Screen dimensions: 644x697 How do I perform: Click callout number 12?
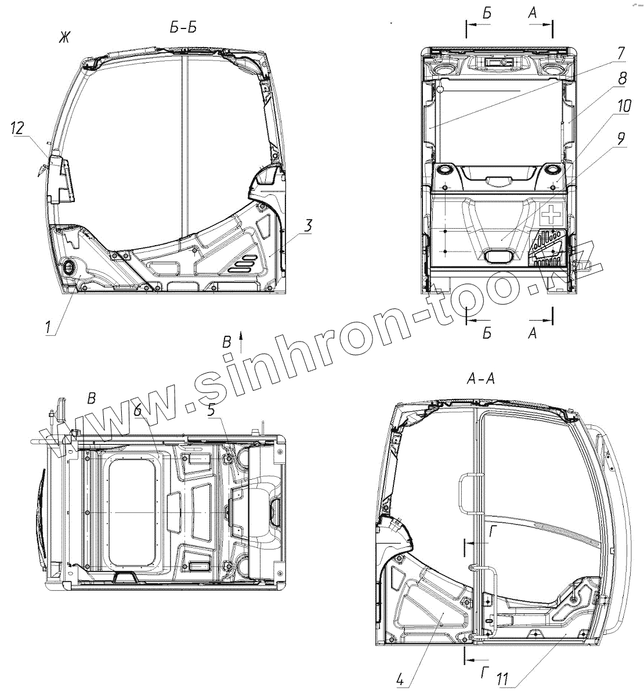pos(17,128)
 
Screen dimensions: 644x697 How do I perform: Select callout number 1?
pos(48,328)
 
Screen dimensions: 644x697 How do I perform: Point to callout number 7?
pos(621,53)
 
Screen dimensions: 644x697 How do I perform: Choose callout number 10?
pos(624,106)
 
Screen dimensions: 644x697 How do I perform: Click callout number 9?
pos(620,139)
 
